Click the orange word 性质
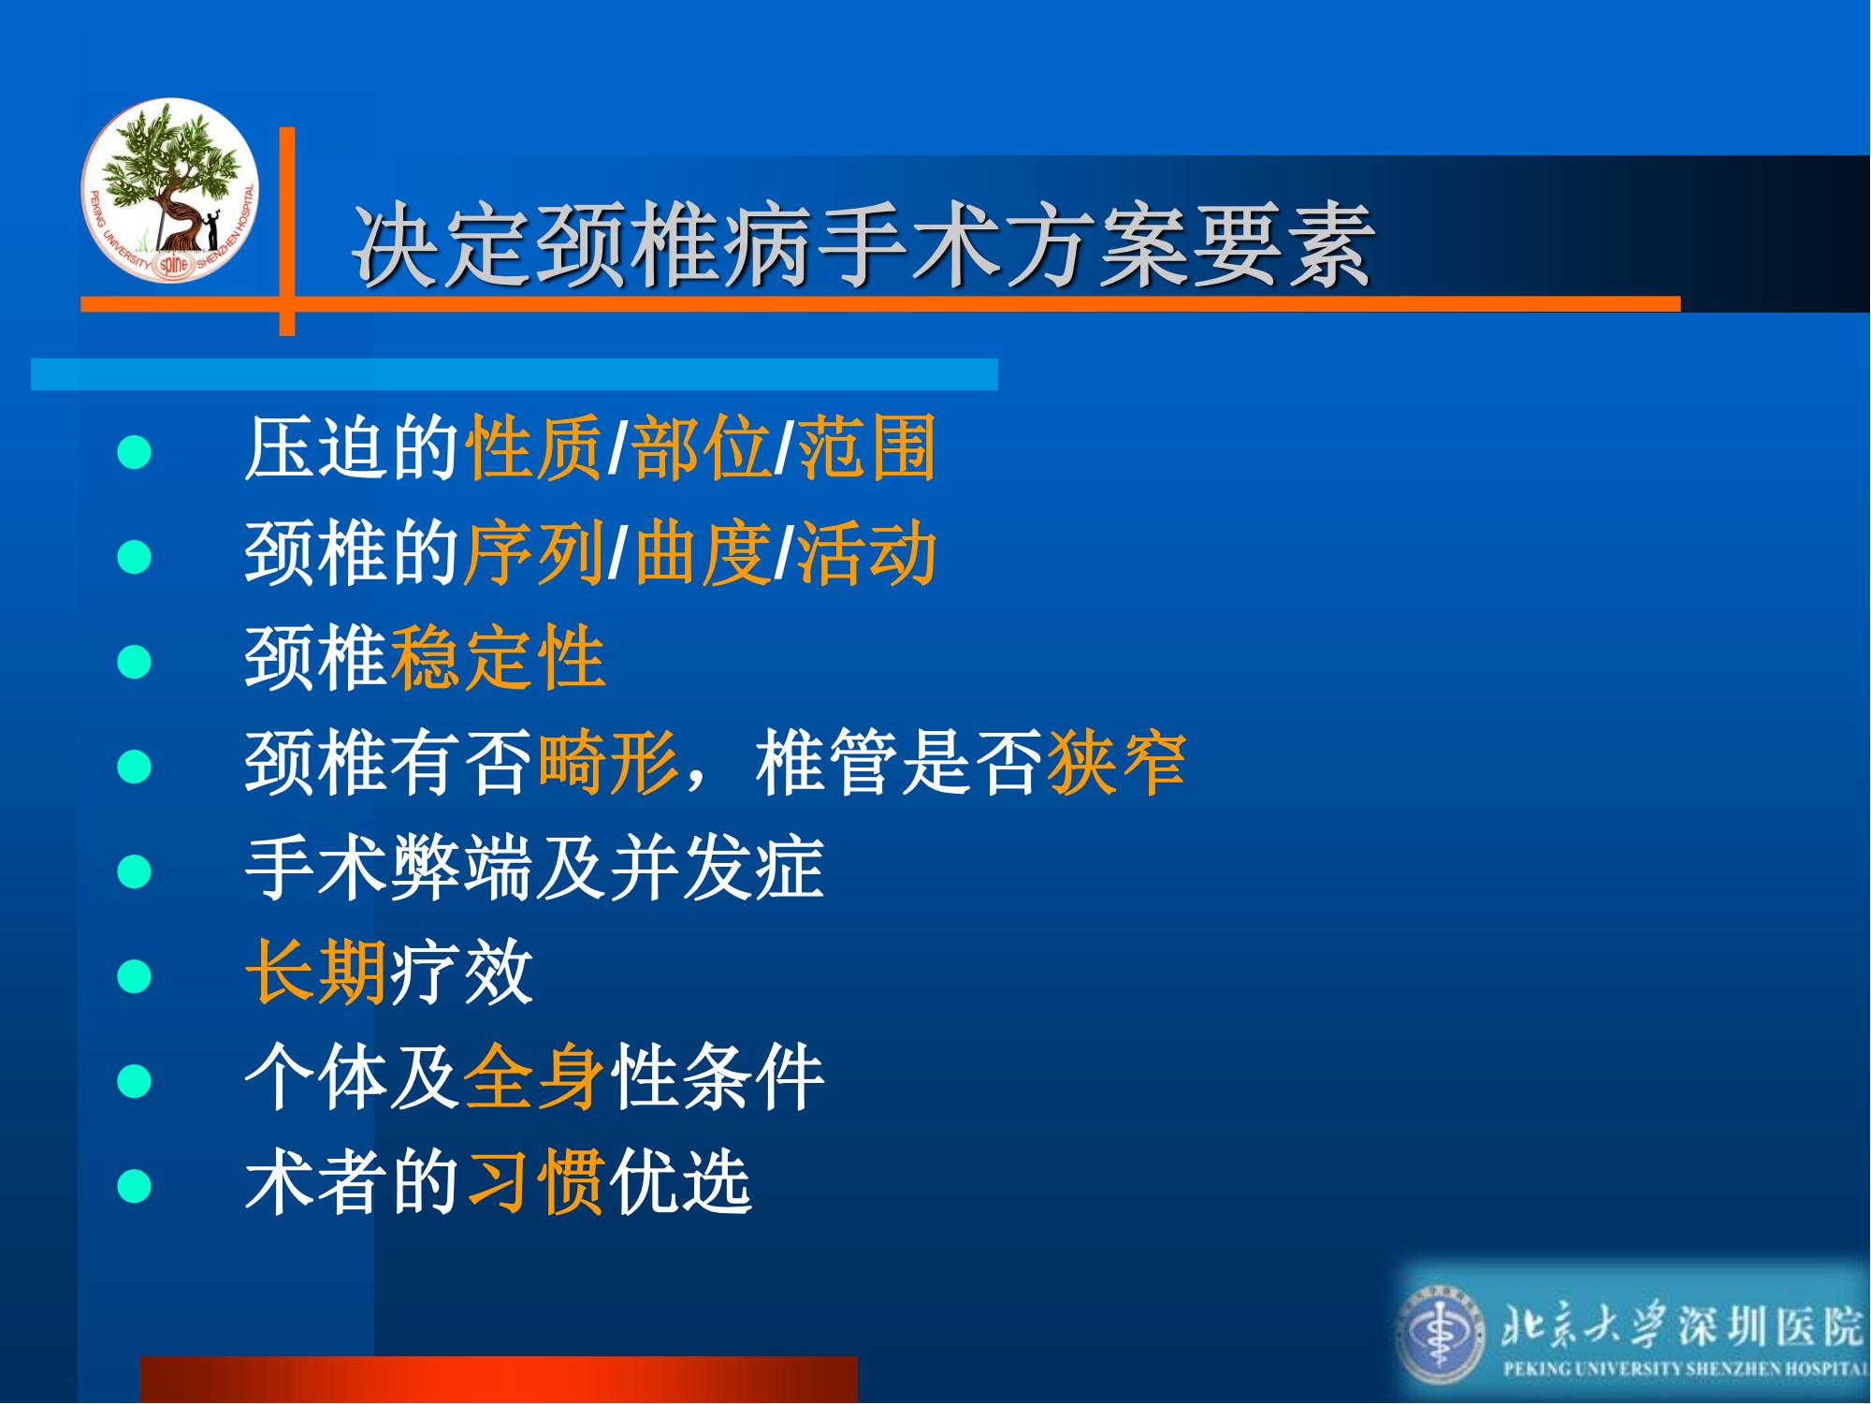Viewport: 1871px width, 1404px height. coord(534,448)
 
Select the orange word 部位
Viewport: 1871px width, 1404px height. coord(702,448)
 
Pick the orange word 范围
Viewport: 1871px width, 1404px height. coord(866,448)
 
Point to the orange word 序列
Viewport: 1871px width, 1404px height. coord(534,553)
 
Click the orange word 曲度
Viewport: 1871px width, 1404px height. coord(702,553)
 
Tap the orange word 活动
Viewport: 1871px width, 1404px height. coord(866,553)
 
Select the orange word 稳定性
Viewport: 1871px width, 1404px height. coord(498,658)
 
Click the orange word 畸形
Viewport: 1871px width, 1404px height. coord(607,763)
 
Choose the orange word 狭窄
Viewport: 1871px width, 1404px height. coord(1116,763)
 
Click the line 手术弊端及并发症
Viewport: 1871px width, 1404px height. coord(534,868)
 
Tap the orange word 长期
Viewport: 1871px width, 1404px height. coord(315,973)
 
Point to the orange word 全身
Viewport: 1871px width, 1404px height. coord(534,1077)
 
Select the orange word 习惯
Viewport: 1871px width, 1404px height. coord(534,1182)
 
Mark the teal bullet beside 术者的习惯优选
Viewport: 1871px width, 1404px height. coord(135,1187)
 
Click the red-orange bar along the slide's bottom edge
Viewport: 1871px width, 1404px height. coord(499,1380)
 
